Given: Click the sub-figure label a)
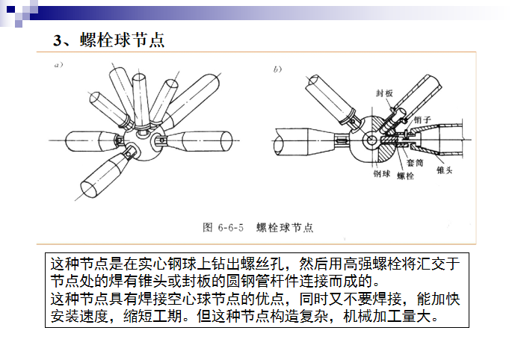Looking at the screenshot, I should coord(57,66).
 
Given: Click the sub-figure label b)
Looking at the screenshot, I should coord(277,69).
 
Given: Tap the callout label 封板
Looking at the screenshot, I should coord(384,93).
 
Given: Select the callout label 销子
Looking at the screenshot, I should coord(422,120).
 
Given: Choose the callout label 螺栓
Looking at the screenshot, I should coord(405,176).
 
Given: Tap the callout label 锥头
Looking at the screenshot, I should coord(445,170).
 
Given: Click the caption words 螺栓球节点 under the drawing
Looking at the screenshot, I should coord(284,226).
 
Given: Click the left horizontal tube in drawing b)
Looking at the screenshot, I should coord(299,140).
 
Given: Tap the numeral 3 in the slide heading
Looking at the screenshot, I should coord(58,41).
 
